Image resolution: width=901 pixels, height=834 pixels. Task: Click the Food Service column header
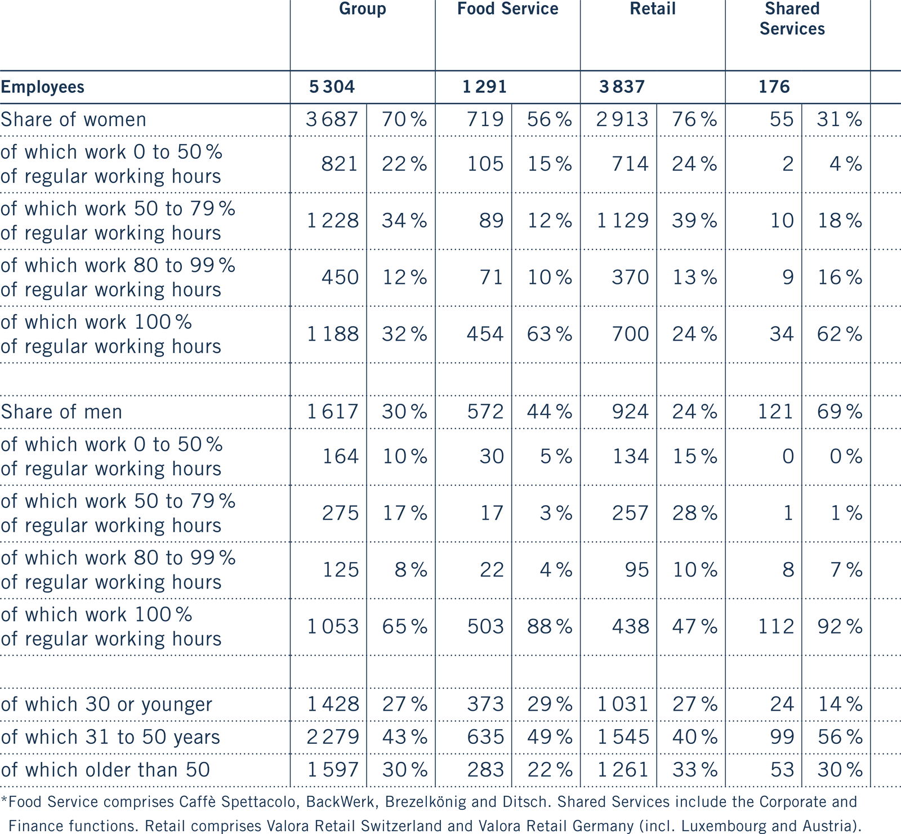click(x=507, y=9)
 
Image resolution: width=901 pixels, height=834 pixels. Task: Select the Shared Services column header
click(x=792, y=19)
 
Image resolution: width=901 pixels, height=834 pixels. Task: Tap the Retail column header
click(x=653, y=9)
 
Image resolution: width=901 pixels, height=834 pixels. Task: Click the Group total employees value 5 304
click(x=332, y=87)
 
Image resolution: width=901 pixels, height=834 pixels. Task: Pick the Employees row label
click(x=43, y=87)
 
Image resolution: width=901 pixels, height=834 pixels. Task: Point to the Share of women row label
click(x=73, y=119)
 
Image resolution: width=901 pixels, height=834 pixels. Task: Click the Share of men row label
click(x=61, y=412)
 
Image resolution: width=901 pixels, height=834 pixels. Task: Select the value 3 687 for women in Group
click(x=332, y=119)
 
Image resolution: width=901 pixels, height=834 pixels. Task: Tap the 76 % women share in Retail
click(x=694, y=119)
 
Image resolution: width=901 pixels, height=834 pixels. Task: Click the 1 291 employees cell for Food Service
click(x=484, y=87)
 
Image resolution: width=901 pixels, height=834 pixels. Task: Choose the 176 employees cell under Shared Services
click(x=774, y=87)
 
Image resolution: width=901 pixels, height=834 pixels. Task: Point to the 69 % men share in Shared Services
click(x=840, y=412)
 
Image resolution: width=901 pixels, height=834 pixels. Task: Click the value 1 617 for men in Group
click(x=332, y=412)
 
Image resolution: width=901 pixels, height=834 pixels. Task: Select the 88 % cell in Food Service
click(x=550, y=626)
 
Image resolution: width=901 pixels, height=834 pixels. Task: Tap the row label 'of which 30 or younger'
click(x=106, y=704)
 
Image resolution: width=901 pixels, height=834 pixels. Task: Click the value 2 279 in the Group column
click(x=333, y=737)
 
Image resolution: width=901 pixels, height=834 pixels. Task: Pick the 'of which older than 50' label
click(x=105, y=769)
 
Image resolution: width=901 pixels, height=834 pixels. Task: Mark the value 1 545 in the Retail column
click(x=623, y=737)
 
